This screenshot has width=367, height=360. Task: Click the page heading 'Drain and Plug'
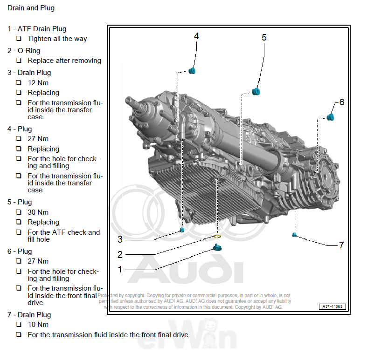tap(31, 8)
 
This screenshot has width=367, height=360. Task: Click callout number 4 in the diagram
tap(196, 36)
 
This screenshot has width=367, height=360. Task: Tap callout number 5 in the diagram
tap(264, 38)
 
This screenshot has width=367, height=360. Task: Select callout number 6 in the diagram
tap(341, 102)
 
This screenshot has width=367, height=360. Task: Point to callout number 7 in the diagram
tap(341, 245)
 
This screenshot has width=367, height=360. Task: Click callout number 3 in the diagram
tap(120, 239)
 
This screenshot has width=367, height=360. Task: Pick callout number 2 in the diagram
tap(120, 255)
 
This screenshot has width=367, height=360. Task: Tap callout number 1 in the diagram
tap(120, 269)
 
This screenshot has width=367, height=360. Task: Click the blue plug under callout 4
tap(192, 71)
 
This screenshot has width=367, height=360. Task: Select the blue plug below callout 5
tap(256, 91)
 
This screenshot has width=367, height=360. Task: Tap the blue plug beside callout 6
tap(330, 116)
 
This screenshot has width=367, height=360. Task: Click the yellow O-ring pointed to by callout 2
tap(217, 238)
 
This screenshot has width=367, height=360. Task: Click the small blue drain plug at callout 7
tap(294, 233)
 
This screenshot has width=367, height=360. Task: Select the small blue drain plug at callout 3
tap(182, 231)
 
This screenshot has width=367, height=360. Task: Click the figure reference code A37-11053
tap(332, 306)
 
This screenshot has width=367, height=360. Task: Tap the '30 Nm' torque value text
tap(38, 212)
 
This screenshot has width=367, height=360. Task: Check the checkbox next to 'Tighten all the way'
tap(19, 39)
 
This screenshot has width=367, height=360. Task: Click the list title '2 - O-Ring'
tap(24, 51)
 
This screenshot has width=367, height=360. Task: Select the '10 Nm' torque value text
tap(38, 325)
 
